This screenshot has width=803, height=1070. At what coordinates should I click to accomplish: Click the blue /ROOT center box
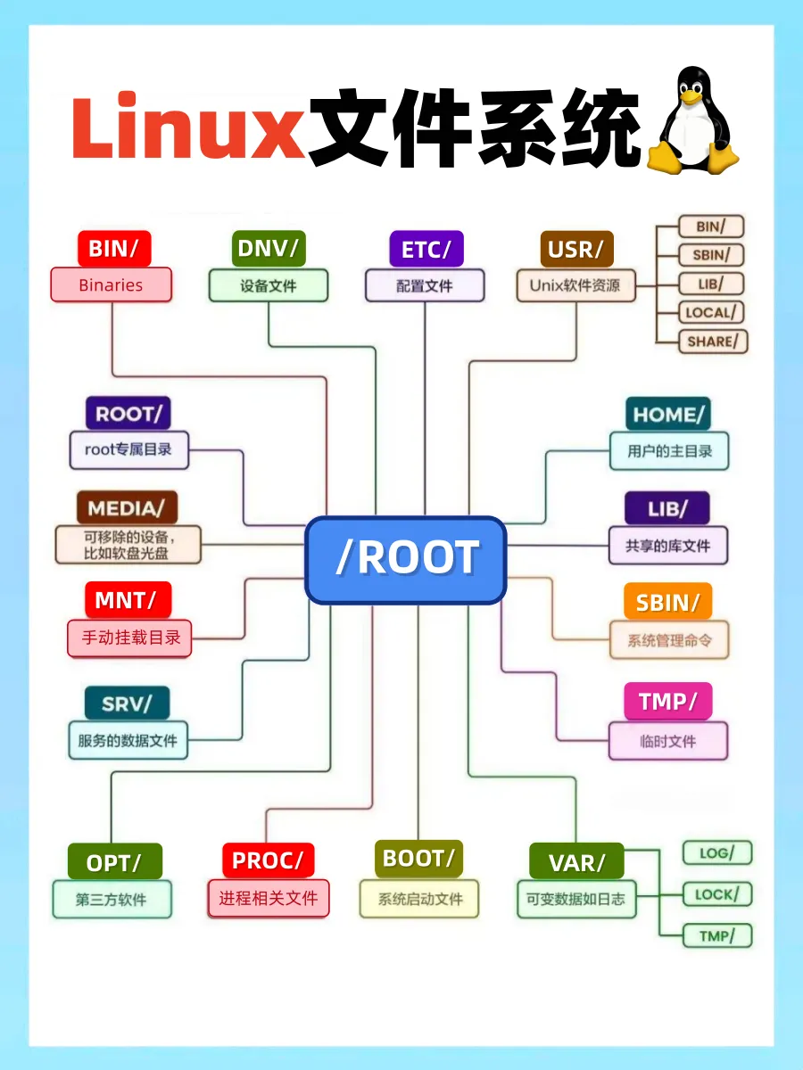coord(406,559)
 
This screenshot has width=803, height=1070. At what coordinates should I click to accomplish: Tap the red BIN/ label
coord(113,248)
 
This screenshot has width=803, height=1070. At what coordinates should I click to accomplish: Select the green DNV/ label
coord(268,248)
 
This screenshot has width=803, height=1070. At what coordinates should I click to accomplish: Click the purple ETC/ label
coord(426,249)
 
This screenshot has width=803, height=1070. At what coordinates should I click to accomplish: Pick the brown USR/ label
coord(576,249)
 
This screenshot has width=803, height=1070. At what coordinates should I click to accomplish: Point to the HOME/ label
coord(668,414)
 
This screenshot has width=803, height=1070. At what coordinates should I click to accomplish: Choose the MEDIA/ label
coord(127,507)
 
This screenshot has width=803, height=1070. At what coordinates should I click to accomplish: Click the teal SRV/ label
coord(127,703)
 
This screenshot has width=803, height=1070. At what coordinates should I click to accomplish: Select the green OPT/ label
coord(114,862)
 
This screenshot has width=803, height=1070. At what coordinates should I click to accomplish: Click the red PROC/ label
coord(268,860)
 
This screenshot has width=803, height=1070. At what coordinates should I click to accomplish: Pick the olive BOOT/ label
coord(418,859)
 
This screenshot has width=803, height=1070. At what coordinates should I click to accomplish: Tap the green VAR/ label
coord(576,862)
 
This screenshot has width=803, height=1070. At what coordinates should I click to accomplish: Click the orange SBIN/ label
coord(668,602)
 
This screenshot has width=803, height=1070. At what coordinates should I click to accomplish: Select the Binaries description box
coord(111,285)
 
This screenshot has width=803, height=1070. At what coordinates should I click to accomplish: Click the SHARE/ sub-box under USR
coord(712,342)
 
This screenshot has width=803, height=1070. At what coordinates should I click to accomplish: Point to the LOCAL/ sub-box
coord(711,313)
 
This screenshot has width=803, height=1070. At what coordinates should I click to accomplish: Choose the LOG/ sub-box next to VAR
coord(717,853)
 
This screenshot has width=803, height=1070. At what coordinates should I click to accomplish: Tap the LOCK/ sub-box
coord(717,894)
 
